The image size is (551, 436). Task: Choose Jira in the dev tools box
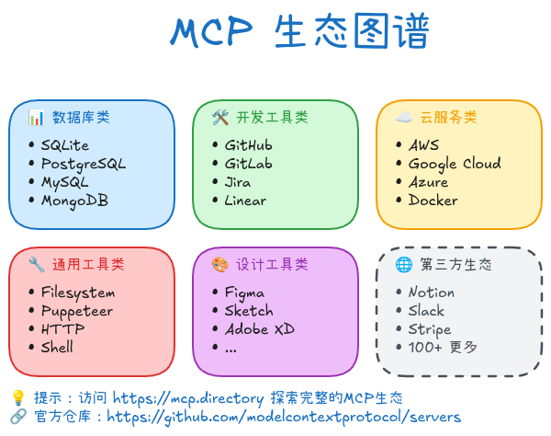pos(238,182)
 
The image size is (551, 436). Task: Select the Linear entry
pos(245,201)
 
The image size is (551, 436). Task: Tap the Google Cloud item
pos(455,164)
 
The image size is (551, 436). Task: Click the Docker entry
pos(433,201)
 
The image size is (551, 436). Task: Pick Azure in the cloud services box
pos(429,182)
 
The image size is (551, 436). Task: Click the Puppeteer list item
pos(77,311)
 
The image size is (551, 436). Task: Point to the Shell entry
pos(57,348)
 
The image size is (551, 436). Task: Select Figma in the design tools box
pos(244,293)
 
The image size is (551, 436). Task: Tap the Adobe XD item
pos(259,329)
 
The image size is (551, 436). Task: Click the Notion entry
pos(432,293)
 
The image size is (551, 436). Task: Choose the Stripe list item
pos(430,329)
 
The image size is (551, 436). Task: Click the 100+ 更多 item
pos(443,348)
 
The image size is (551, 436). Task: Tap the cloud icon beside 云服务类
pos(402,117)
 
